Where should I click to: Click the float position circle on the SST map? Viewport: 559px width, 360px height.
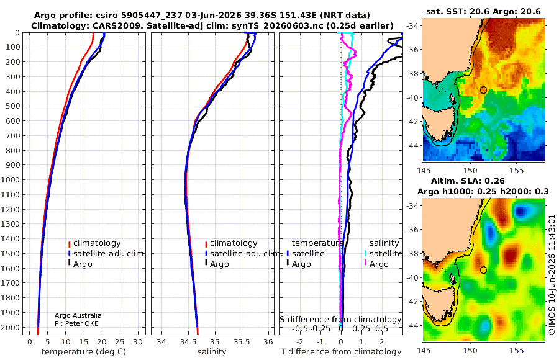pyautogui.click(x=483, y=90)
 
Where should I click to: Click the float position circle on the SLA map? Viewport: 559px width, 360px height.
pyautogui.click(x=483, y=270)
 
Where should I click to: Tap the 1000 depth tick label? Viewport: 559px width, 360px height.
pyautogui.click(x=10, y=179)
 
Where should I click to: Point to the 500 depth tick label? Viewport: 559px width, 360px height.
pyautogui.click(x=12, y=106)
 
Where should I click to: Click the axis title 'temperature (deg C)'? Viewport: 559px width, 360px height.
pyautogui.click(x=84, y=351)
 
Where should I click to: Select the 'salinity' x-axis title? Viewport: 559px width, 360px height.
pyautogui.click(x=212, y=351)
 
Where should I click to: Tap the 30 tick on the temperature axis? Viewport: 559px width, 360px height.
pyautogui.click(x=138, y=341)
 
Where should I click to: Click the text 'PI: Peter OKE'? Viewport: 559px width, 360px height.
pyautogui.click(x=76, y=323)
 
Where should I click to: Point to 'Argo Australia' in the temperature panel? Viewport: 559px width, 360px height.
pyautogui.click(x=78, y=315)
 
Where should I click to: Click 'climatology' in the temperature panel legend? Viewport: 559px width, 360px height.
pyautogui.click(x=97, y=243)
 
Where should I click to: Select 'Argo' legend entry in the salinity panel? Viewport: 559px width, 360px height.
pyautogui.click(x=219, y=264)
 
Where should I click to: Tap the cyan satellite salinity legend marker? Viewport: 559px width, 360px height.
pyautogui.click(x=365, y=253)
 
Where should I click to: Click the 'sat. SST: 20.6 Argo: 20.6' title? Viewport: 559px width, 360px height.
pyautogui.click(x=483, y=11)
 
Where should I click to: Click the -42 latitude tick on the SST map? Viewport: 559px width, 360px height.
pyautogui.click(x=413, y=122)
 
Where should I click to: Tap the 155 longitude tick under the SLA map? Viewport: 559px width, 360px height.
pyautogui.click(x=517, y=350)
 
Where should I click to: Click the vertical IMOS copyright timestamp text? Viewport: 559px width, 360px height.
pyautogui.click(x=552, y=274)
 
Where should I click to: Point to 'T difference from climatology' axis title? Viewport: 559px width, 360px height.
pyautogui.click(x=341, y=351)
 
